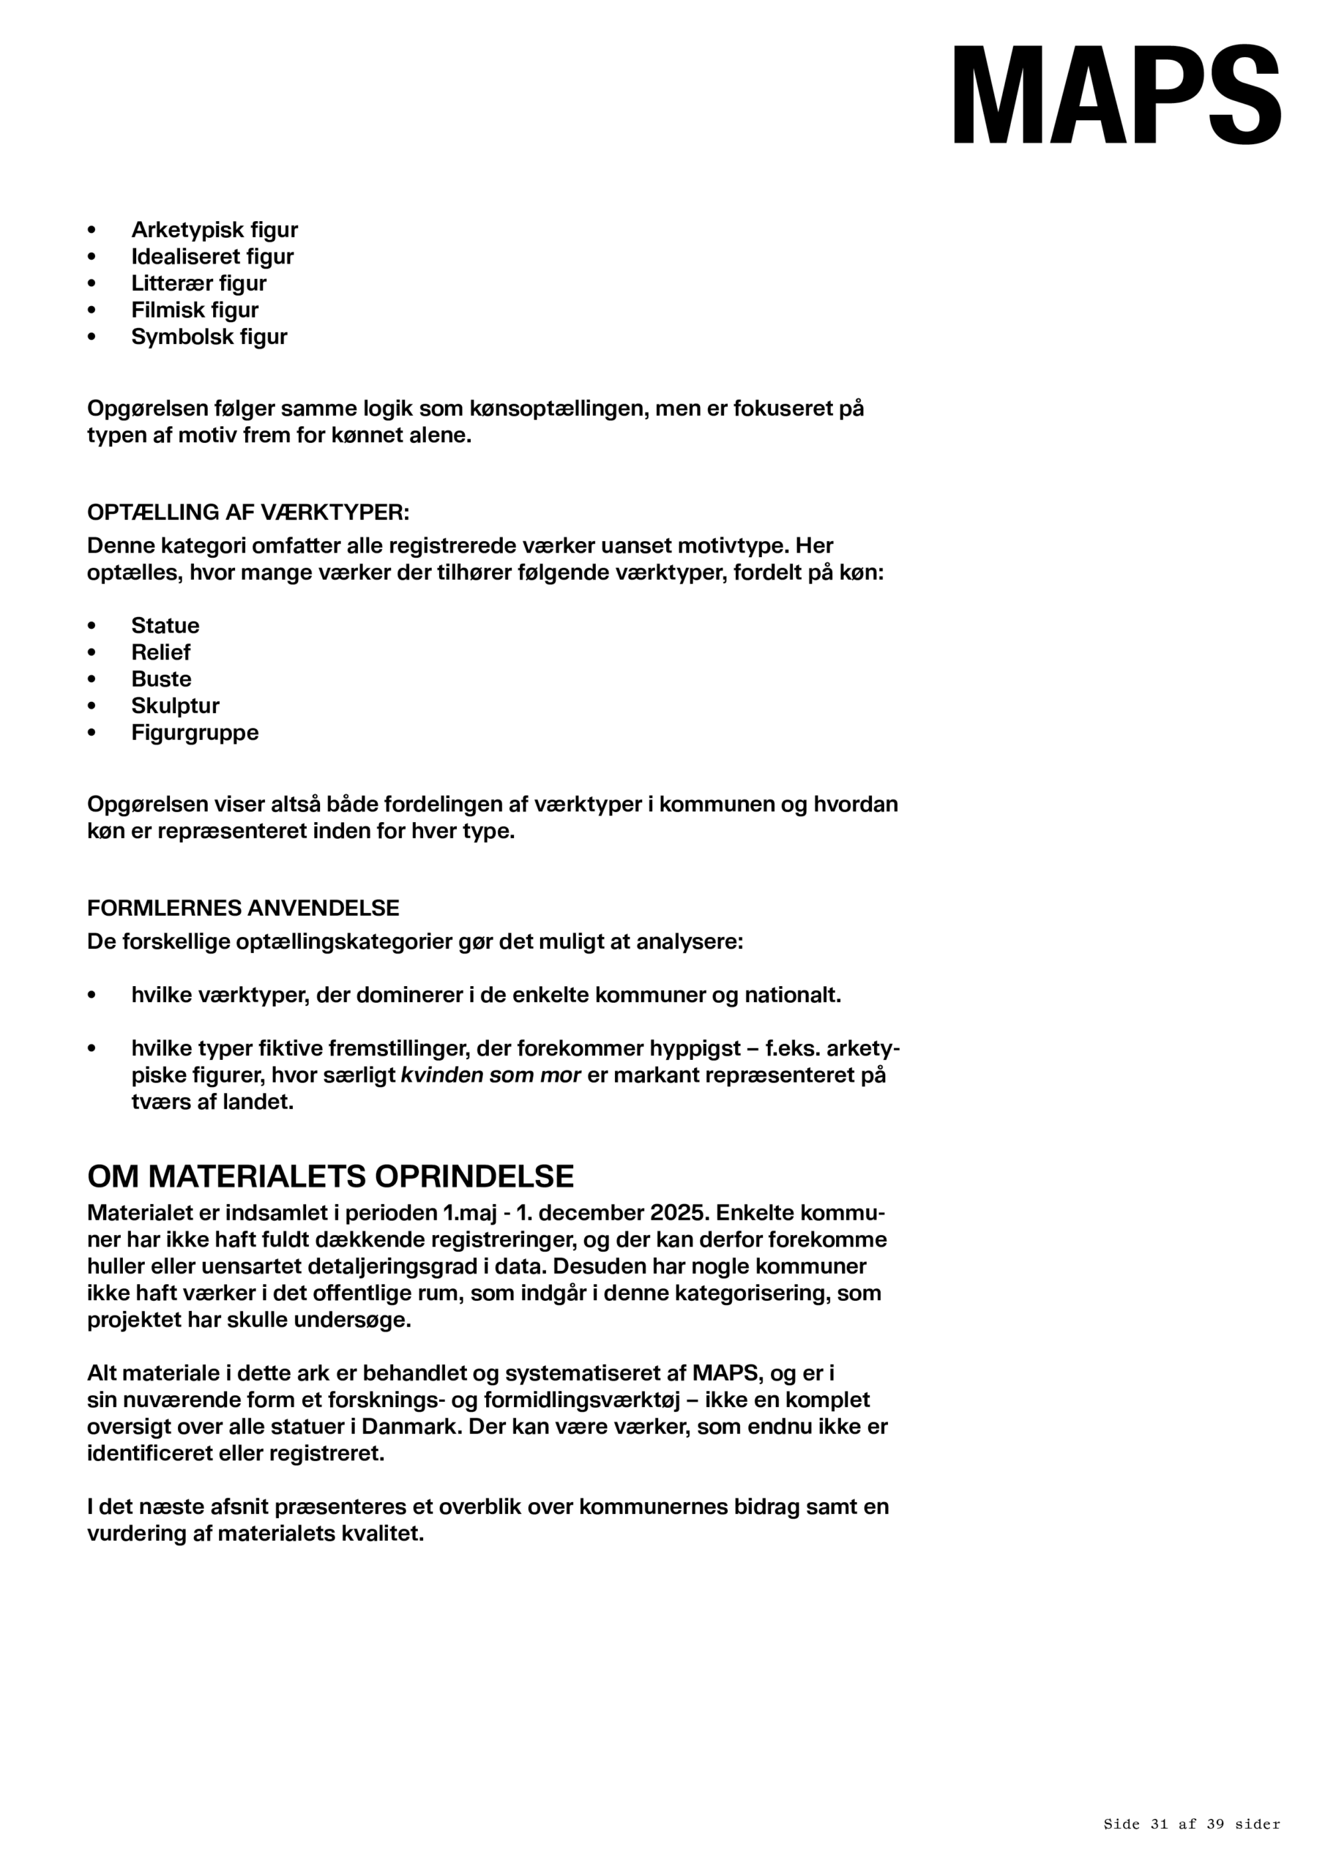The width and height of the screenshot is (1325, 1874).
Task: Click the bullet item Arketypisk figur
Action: pyautogui.click(x=214, y=229)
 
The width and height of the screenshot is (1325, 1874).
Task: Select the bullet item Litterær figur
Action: pyautogui.click(x=198, y=283)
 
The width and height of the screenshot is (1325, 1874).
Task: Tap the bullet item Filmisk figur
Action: pyautogui.click(x=194, y=310)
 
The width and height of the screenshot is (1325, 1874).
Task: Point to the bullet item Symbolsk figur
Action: pyautogui.click(x=209, y=336)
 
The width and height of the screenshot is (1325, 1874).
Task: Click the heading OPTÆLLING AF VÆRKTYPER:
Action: pyautogui.click(x=248, y=512)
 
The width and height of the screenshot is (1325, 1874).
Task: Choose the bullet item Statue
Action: pyautogui.click(x=165, y=625)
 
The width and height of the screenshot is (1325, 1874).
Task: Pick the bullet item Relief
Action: pyautogui.click(x=160, y=652)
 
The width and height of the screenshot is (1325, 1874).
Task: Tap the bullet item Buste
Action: pyautogui.click(x=161, y=679)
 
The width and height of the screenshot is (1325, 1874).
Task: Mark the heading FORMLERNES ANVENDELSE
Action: pyautogui.click(x=243, y=908)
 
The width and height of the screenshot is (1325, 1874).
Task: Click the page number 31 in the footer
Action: pyautogui.click(x=1158, y=1824)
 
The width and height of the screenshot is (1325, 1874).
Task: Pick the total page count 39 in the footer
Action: pyautogui.click(x=1214, y=1824)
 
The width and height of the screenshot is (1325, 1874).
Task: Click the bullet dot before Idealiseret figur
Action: pyautogui.click(x=92, y=256)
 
